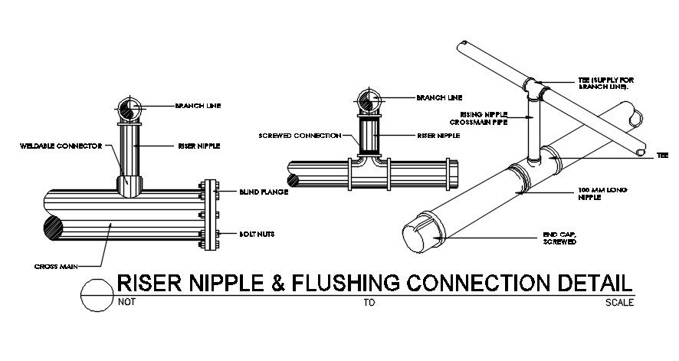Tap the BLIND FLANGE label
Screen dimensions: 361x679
[x=263, y=192]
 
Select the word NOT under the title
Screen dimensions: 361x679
[x=127, y=303]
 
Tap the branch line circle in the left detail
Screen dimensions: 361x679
[x=131, y=107]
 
